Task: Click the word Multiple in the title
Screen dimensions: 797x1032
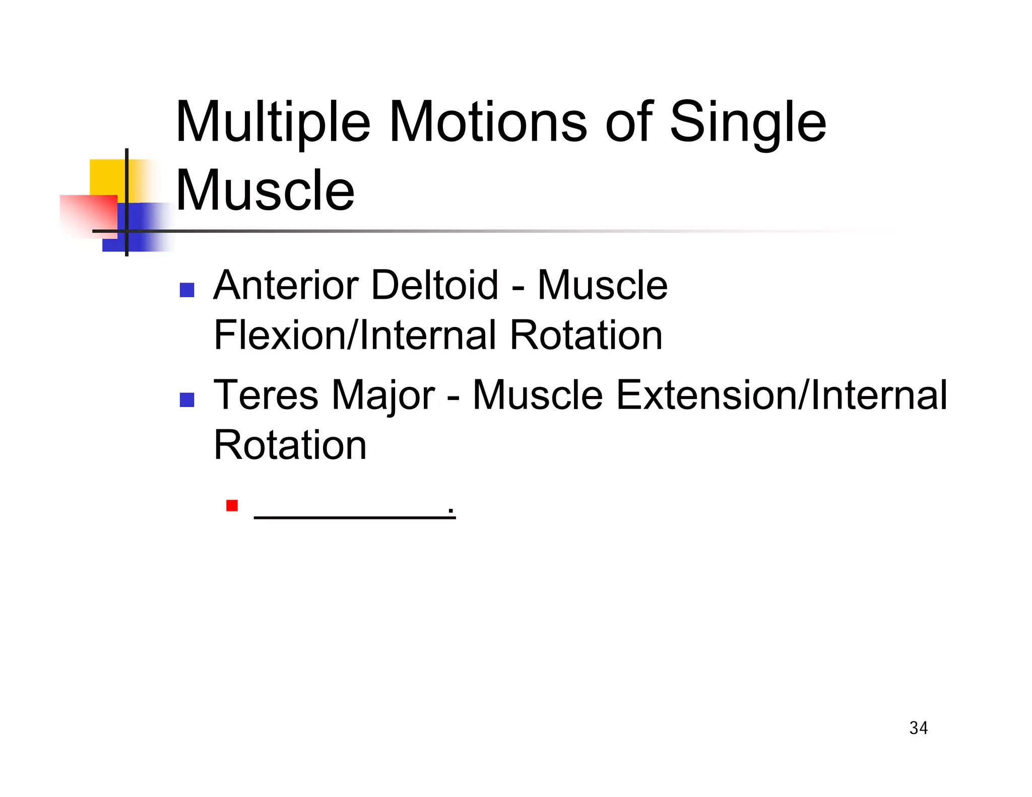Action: click(273, 122)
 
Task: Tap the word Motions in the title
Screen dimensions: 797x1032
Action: click(488, 122)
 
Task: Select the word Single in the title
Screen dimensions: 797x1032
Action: click(748, 122)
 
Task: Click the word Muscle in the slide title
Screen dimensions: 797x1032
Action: click(265, 191)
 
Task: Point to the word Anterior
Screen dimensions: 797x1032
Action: click(286, 285)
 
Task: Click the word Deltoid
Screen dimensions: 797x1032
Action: click(435, 285)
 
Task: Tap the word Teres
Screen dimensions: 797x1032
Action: click(266, 395)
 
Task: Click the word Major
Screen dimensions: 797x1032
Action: click(383, 395)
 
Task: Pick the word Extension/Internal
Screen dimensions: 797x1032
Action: click(781, 395)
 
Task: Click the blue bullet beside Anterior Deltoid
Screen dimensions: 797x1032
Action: click(187, 290)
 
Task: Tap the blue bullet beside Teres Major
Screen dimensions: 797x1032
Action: click(187, 400)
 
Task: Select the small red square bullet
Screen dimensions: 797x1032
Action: click(232, 505)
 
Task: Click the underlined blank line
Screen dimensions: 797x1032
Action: click(354, 515)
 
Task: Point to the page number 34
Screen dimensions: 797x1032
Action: click(918, 728)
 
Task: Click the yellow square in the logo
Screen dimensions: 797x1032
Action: click(107, 177)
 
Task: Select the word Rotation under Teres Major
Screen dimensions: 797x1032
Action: click(290, 445)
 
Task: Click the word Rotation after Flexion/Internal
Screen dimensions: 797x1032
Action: click(586, 335)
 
